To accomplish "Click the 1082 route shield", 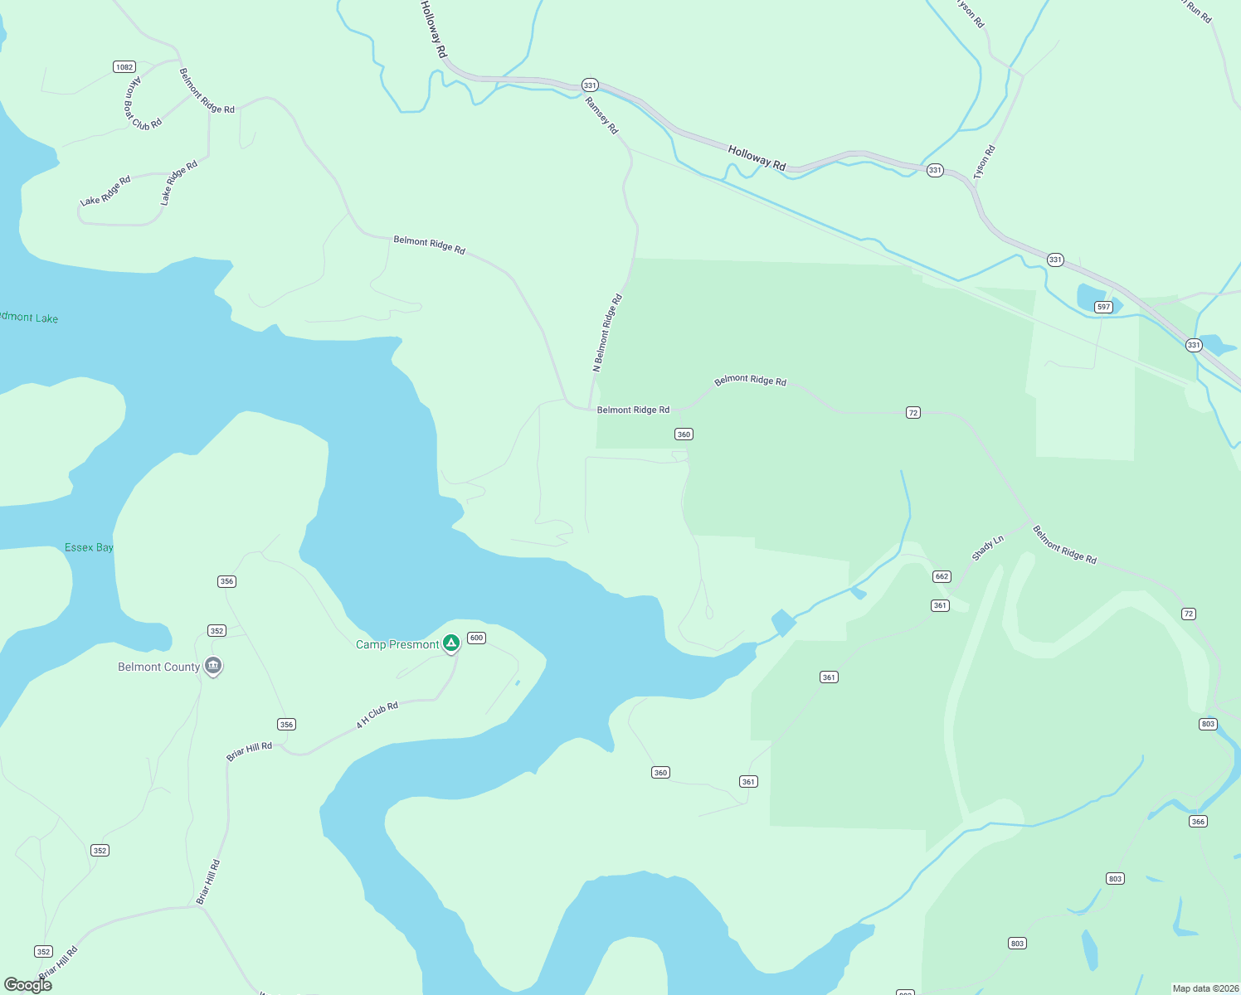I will pyautogui.click(x=124, y=67).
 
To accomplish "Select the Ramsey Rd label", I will pyautogui.click(x=601, y=115).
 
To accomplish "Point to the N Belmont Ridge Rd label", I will pyautogui.click(x=607, y=333).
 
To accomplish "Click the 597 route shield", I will pyautogui.click(x=1103, y=307).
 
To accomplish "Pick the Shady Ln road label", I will pyautogui.click(x=987, y=548).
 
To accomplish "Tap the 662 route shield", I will pyautogui.click(x=942, y=576).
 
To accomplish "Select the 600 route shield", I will pyautogui.click(x=476, y=638).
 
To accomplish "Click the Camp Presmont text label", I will pyautogui.click(x=397, y=644).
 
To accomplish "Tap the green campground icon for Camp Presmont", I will pyautogui.click(x=450, y=643).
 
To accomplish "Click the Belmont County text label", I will pyautogui.click(x=158, y=667).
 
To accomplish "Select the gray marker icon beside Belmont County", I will pyautogui.click(x=213, y=666).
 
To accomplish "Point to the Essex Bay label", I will pyautogui.click(x=89, y=547).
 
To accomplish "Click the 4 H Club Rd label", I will pyautogui.click(x=377, y=715).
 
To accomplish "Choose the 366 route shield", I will pyautogui.click(x=1198, y=822).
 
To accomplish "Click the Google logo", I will pyautogui.click(x=28, y=985).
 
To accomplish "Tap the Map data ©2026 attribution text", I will pyautogui.click(x=1204, y=988).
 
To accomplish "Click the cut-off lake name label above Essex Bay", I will pyautogui.click(x=29, y=318).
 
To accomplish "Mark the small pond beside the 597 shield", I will pyautogui.click(x=1090, y=296).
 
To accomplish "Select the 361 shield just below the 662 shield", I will pyautogui.click(x=940, y=605).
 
